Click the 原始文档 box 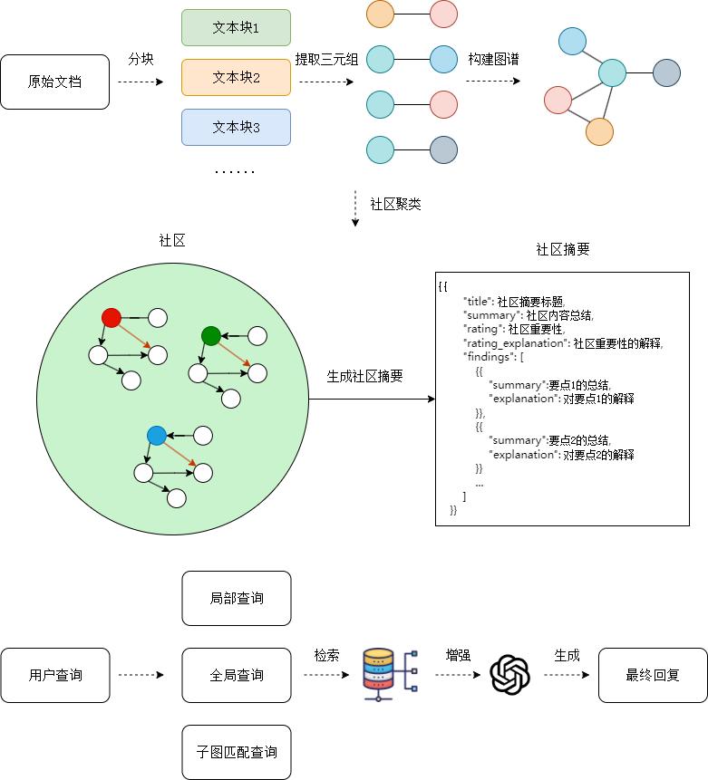pos(55,82)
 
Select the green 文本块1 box pos(236,28)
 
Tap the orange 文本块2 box pos(236,78)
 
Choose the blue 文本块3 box pos(236,128)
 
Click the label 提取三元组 pos(326,60)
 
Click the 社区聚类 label pos(395,204)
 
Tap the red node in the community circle pos(112,318)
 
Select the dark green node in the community pos(211,336)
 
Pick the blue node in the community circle pos(157,436)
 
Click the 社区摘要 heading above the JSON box pos(563,249)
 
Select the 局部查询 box pos(237,598)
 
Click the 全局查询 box pos(237,675)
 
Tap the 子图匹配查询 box pos(237,752)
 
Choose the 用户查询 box pos(55,675)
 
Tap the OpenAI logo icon pos(509,674)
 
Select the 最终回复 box pos(653,675)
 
